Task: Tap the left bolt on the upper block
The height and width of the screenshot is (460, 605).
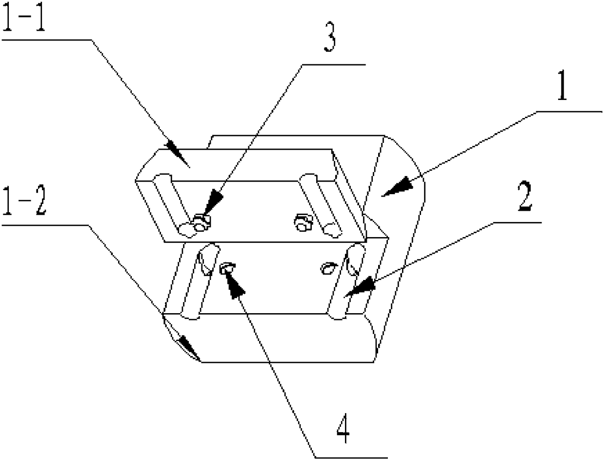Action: click(200, 224)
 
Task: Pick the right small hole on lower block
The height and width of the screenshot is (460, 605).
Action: click(328, 267)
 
